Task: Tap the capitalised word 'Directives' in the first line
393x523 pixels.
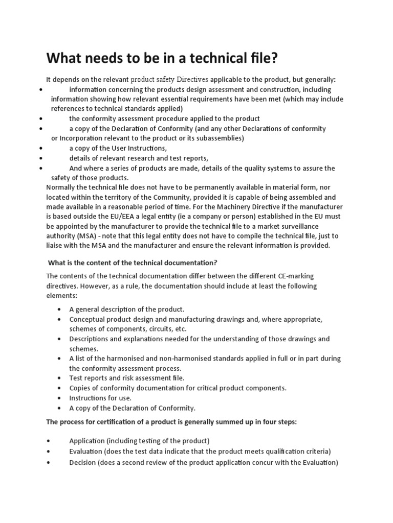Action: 192,80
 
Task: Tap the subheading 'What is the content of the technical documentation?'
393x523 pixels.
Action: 133,263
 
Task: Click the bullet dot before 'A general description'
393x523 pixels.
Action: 60,310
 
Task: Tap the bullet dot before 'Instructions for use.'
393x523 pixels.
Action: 60,398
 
